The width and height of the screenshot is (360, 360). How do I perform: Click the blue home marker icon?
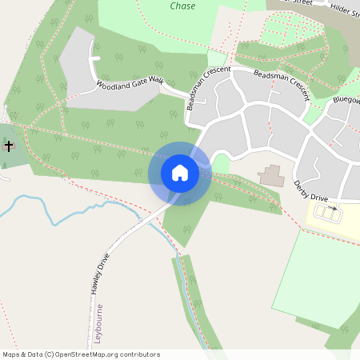pyautogui.click(x=179, y=173)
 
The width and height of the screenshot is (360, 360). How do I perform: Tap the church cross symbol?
pyautogui.click(x=9, y=146)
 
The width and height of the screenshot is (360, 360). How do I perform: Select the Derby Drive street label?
pyautogui.click(x=310, y=190)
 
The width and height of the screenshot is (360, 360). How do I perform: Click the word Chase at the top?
pyautogui.click(x=182, y=6)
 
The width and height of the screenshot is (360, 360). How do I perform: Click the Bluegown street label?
pyautogui.click(x=346, y=103)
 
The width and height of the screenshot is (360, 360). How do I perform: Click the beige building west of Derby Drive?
pyautogui.click(x=271, y=175)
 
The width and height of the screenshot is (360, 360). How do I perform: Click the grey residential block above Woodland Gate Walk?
pyautogui.click(x=88, y=56)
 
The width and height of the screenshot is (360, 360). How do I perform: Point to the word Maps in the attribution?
pyautogui.click(x=12, y=354)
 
